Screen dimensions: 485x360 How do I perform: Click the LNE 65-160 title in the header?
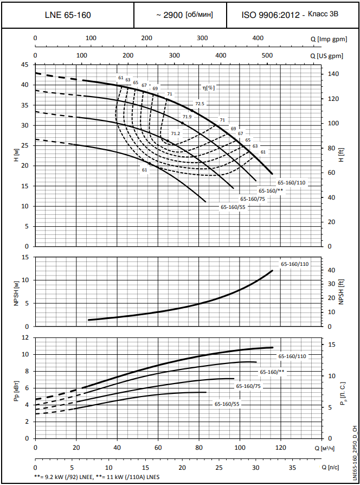(x=68, y=15)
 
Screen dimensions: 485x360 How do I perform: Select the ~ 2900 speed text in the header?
(x=184, y=15)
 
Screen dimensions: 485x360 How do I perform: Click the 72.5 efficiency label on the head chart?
(x=200, y=103)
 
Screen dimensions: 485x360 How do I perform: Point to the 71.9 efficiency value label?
(x=188, y=117)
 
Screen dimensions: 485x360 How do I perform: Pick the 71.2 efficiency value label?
(x=175, y=133)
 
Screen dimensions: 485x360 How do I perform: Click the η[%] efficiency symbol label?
(x=209, y=87)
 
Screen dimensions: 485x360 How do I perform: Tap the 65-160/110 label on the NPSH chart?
(x=294, y=264)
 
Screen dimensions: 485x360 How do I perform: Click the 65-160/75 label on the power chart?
(x=249, y=386)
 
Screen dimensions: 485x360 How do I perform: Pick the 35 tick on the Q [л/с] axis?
(x=292, y=467)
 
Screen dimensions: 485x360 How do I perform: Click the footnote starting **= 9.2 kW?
(x=97, y=477)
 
